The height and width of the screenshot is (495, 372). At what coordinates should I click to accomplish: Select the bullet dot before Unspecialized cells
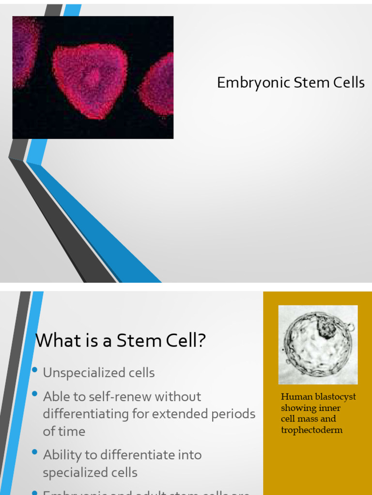pyautogui.click(x=34, y=370)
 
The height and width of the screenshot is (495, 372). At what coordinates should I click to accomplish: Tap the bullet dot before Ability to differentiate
pyautogui.click(x=34, y=452)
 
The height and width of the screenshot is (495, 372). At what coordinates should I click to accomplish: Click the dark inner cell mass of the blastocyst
pyautogui.click(x=326, y=328)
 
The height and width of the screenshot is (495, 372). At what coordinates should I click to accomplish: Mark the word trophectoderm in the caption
pyautogui.click(x=311, y=430)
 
